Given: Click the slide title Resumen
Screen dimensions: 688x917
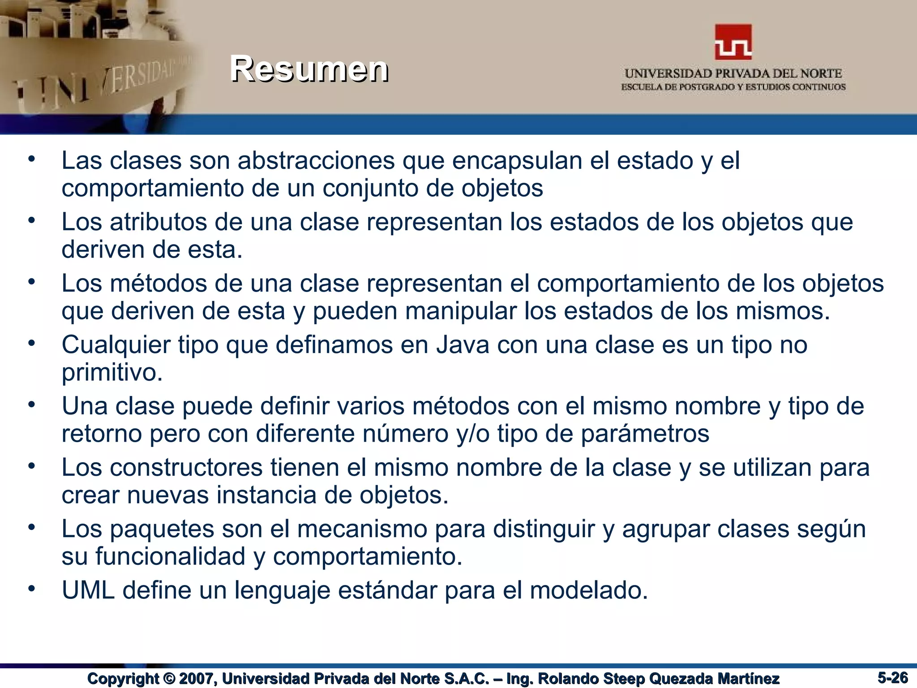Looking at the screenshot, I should pos(309,69).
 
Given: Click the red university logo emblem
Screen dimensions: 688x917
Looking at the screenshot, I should pos(733,42).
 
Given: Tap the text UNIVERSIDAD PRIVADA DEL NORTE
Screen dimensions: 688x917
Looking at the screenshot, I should pos(733,73).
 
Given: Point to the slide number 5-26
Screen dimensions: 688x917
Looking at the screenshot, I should pos(892,677).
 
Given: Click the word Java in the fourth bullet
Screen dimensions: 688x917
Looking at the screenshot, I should pos(463,345).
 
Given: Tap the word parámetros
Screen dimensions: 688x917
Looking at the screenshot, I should pos(645,434).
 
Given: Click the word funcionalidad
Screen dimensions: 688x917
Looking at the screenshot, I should pos(170,557).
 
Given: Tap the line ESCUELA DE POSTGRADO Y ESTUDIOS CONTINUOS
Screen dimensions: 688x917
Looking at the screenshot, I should pos(733,87).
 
